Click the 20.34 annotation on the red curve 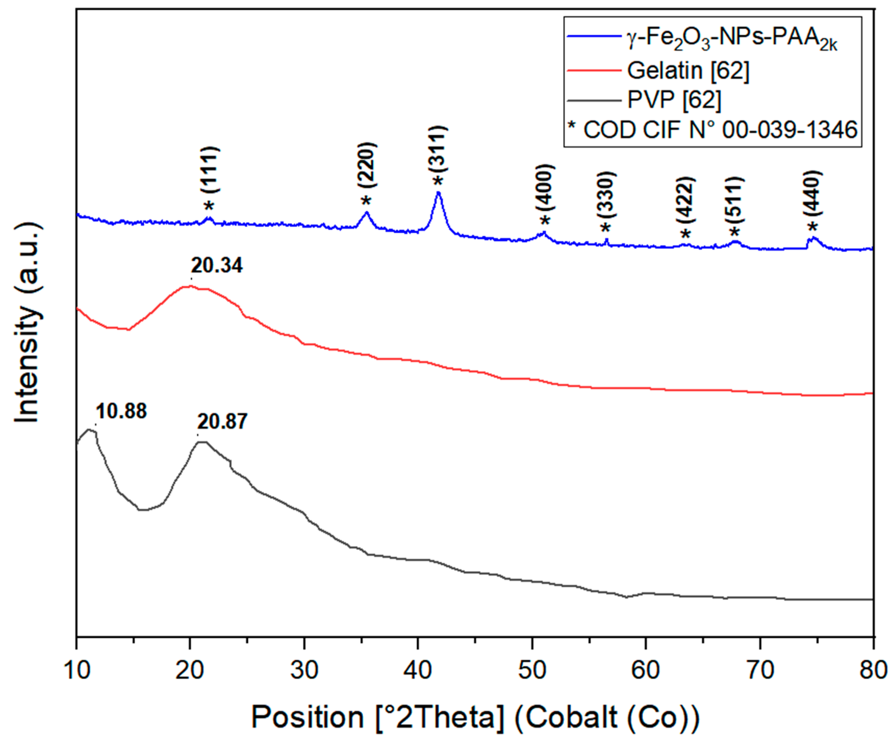point(217,266)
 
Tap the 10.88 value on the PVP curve point(121,412)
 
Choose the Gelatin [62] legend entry point(688,71)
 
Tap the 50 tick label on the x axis point(532,670)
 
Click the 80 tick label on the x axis point(873,670)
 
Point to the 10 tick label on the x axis point(77,670)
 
